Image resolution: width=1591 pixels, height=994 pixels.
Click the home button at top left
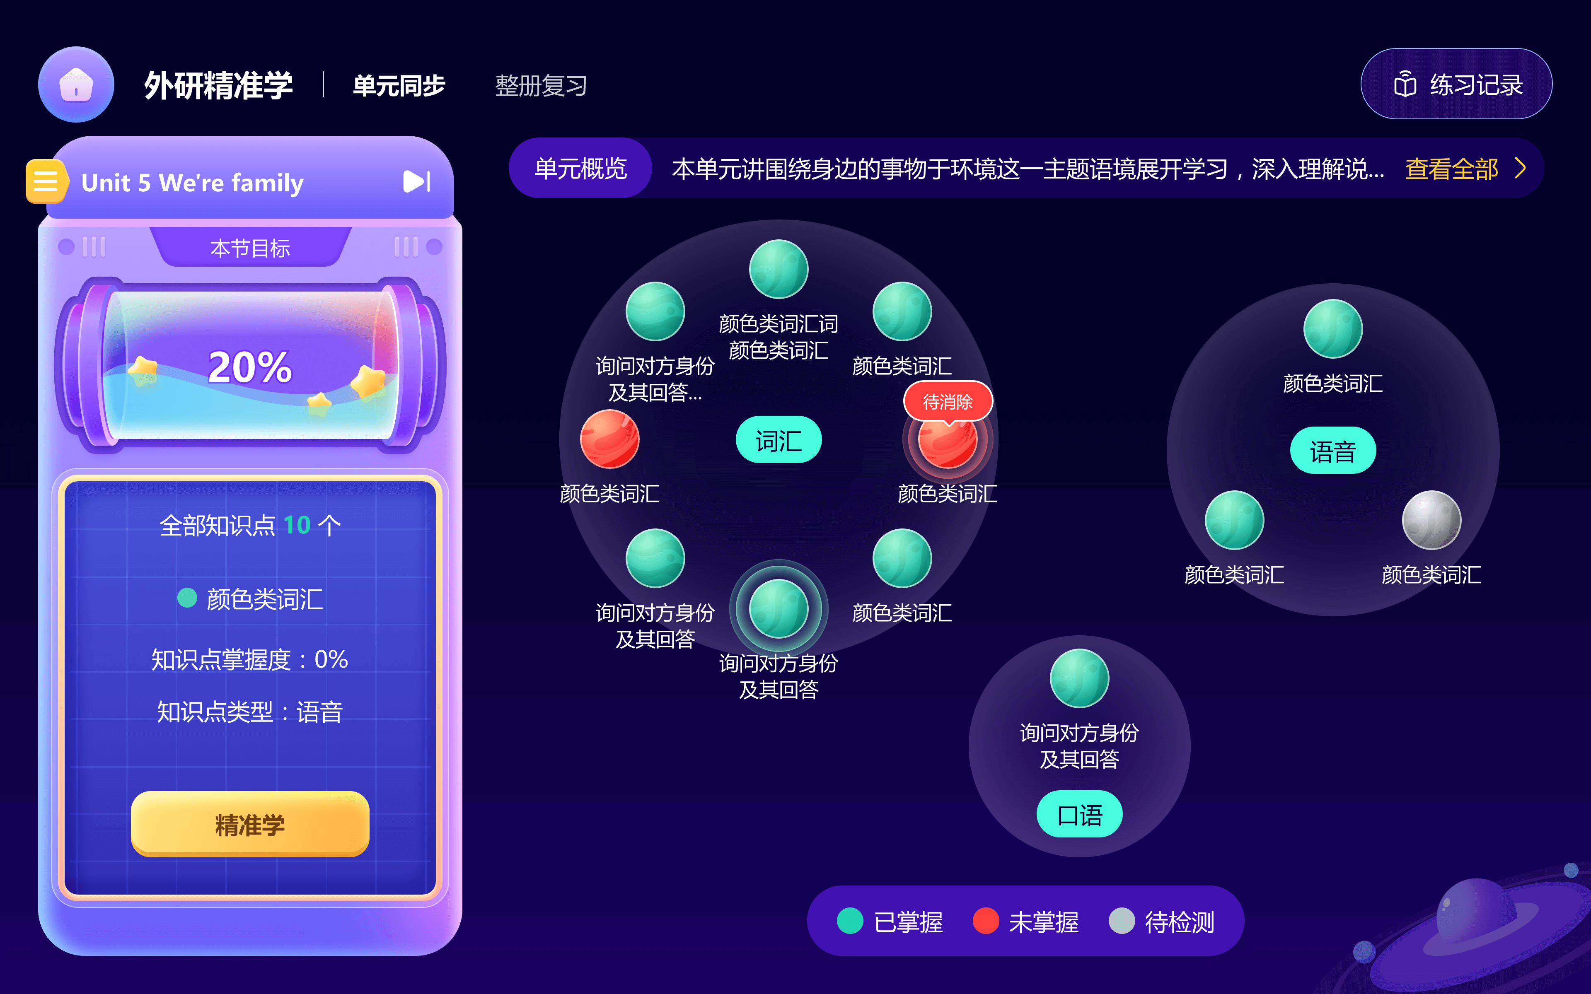(76, 85)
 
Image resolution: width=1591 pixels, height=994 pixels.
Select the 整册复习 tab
(540, 85)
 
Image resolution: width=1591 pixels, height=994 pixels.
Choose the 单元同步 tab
(399, 85)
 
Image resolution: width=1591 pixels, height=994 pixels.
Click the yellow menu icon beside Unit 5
(45, 181)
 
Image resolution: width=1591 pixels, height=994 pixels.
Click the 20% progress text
(250, 367)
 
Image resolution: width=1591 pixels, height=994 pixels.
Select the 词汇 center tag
(779, 440)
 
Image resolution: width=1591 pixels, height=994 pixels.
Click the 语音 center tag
(1332, 451)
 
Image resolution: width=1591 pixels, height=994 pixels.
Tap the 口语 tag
(1079, 815)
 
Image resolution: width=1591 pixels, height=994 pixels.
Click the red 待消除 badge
(948, 401)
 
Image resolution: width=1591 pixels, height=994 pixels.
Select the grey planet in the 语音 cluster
(1431, 520)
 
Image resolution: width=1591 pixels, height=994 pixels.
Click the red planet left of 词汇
(609, 439)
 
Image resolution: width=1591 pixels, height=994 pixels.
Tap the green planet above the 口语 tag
(1079, 678)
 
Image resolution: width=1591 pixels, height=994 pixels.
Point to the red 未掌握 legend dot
(986, 921)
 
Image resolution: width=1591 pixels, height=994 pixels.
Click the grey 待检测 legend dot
(1122, 921)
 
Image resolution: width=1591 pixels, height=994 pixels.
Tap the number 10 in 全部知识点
(297, 525)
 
